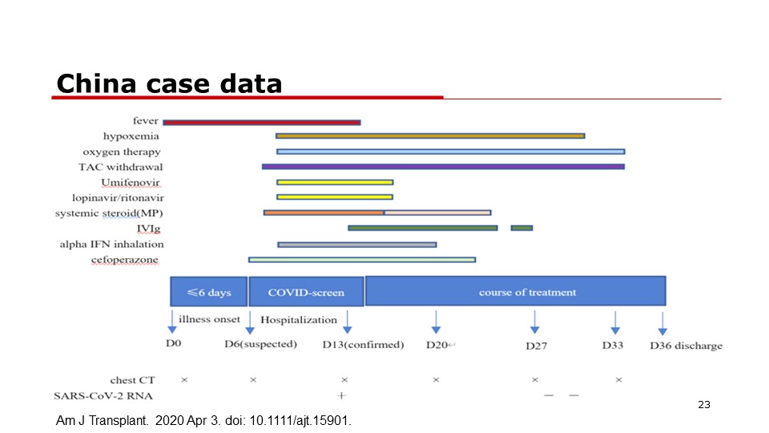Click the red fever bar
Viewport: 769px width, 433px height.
(262, 122)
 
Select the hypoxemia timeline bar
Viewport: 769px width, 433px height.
(430, 136)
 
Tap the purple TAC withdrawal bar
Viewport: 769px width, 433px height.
(443, 167)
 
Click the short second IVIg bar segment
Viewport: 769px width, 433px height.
(521, 228)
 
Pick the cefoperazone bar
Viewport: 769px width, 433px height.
(362, 260)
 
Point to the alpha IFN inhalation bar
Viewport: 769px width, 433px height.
(357, 245)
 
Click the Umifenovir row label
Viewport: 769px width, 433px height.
(131, 183)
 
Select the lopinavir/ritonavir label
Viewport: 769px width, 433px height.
(119, 198)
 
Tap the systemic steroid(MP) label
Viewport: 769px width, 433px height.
(109, 213)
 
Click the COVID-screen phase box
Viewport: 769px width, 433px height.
(306, 292)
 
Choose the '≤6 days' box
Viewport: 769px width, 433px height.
(209, 292)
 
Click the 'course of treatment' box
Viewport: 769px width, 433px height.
(515, 292)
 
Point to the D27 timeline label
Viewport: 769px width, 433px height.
(536, 346)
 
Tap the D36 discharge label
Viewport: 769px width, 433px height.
(686, 346)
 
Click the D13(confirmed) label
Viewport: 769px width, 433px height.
(363, 345)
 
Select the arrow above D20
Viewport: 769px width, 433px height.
(436, 322)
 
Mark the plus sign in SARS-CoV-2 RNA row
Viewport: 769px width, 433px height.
(341, 395)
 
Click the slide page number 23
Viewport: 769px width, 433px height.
(704, 404)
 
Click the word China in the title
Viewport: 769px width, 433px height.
(96, 83)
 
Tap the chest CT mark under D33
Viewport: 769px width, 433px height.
(619, 379)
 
